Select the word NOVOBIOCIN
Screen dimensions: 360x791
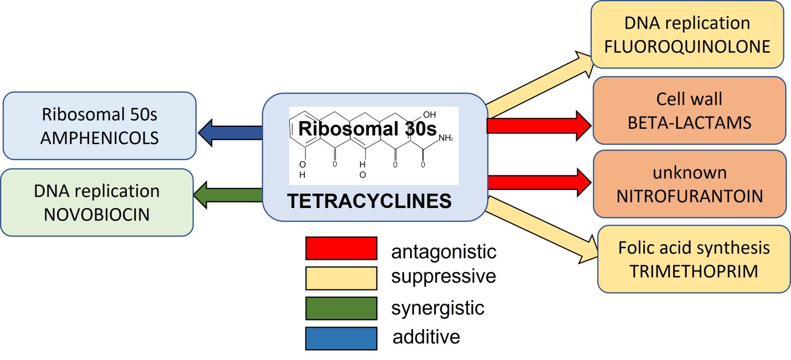tap(97, 214)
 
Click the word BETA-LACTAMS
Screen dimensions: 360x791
tap(690, 123)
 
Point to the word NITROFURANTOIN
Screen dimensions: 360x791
tap(690, 196)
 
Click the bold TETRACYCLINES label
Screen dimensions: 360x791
tap(369, 201)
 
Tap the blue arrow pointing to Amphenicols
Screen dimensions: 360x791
tap(232, 132)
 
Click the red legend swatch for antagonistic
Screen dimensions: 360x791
tap(341, 248)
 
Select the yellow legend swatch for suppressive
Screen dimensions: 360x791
tap(341, 278)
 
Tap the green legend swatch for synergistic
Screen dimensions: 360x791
tap(341, 307)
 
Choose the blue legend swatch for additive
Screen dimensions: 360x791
tap(341, 338)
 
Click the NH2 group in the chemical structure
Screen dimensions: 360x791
tap(445, 139)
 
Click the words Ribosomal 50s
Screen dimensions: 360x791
tap(100, 114)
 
